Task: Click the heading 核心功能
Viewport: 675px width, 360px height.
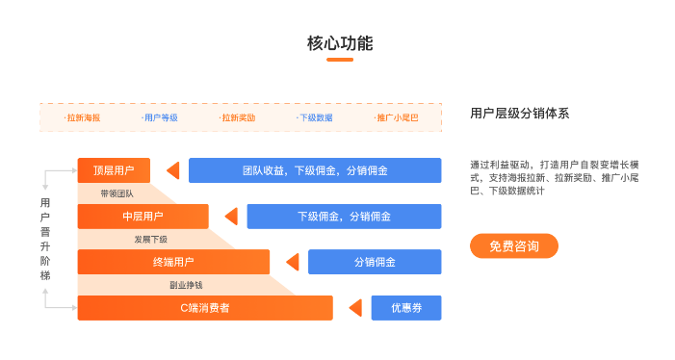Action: pos(339,43)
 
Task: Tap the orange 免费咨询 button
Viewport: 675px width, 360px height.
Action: pos(513,246)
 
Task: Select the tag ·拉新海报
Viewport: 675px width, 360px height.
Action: pos(82,117)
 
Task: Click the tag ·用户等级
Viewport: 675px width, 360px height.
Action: pos(160,117)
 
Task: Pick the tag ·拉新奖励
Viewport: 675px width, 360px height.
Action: pos(237,117)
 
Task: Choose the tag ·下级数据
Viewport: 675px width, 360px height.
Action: pos(315,117)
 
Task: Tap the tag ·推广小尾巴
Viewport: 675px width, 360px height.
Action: pos(396,117)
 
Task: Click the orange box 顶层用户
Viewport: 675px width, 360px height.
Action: pos(114,170)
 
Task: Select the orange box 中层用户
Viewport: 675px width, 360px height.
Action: pos(143,217)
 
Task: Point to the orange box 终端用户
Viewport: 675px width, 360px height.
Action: pos(173,262)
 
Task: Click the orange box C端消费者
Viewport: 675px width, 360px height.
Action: pos(205,308)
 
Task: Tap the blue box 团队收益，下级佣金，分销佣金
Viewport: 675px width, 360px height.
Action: pos(315,170)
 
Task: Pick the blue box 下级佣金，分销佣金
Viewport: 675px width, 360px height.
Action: pos(344,217)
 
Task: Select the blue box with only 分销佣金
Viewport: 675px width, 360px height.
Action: pos(375,262)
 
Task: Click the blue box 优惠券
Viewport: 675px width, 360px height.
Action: pos(405,308)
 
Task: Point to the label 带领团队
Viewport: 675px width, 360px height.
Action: pos(117,193)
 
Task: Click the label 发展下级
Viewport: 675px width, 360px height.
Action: pos(150,239)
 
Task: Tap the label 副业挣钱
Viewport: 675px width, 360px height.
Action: pos(186,285)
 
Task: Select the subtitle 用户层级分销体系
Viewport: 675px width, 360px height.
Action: pos(519,113)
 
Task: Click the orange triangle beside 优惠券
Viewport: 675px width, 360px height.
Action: pos(354,308)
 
